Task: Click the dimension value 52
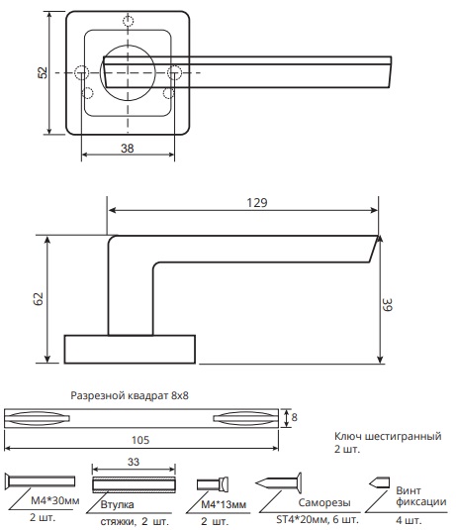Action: click(43, 72)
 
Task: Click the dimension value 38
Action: click(128, 148)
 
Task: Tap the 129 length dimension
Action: click(257, 202)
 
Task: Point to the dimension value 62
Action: click(39, 299)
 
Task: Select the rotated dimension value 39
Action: click(388, 304)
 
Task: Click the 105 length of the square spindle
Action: click(140, 440)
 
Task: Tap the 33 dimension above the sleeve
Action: click(134, 462)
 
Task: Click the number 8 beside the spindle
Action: click(294, 417)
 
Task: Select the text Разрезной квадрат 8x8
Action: click(130, 395)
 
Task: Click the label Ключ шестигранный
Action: click(388, 436)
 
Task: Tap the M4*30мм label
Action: click(55, 500)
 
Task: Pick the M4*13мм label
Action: click(224, 504)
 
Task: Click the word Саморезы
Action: click(324, 502)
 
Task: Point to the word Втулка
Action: click(117, 504)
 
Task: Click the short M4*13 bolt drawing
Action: click(213, 484)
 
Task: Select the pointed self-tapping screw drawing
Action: click(279, 482)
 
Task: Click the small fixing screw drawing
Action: click(379, 482)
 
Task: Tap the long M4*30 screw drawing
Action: click(40, 481)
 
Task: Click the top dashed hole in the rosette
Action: click(129, 21)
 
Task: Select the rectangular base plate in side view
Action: click(130, 349)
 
